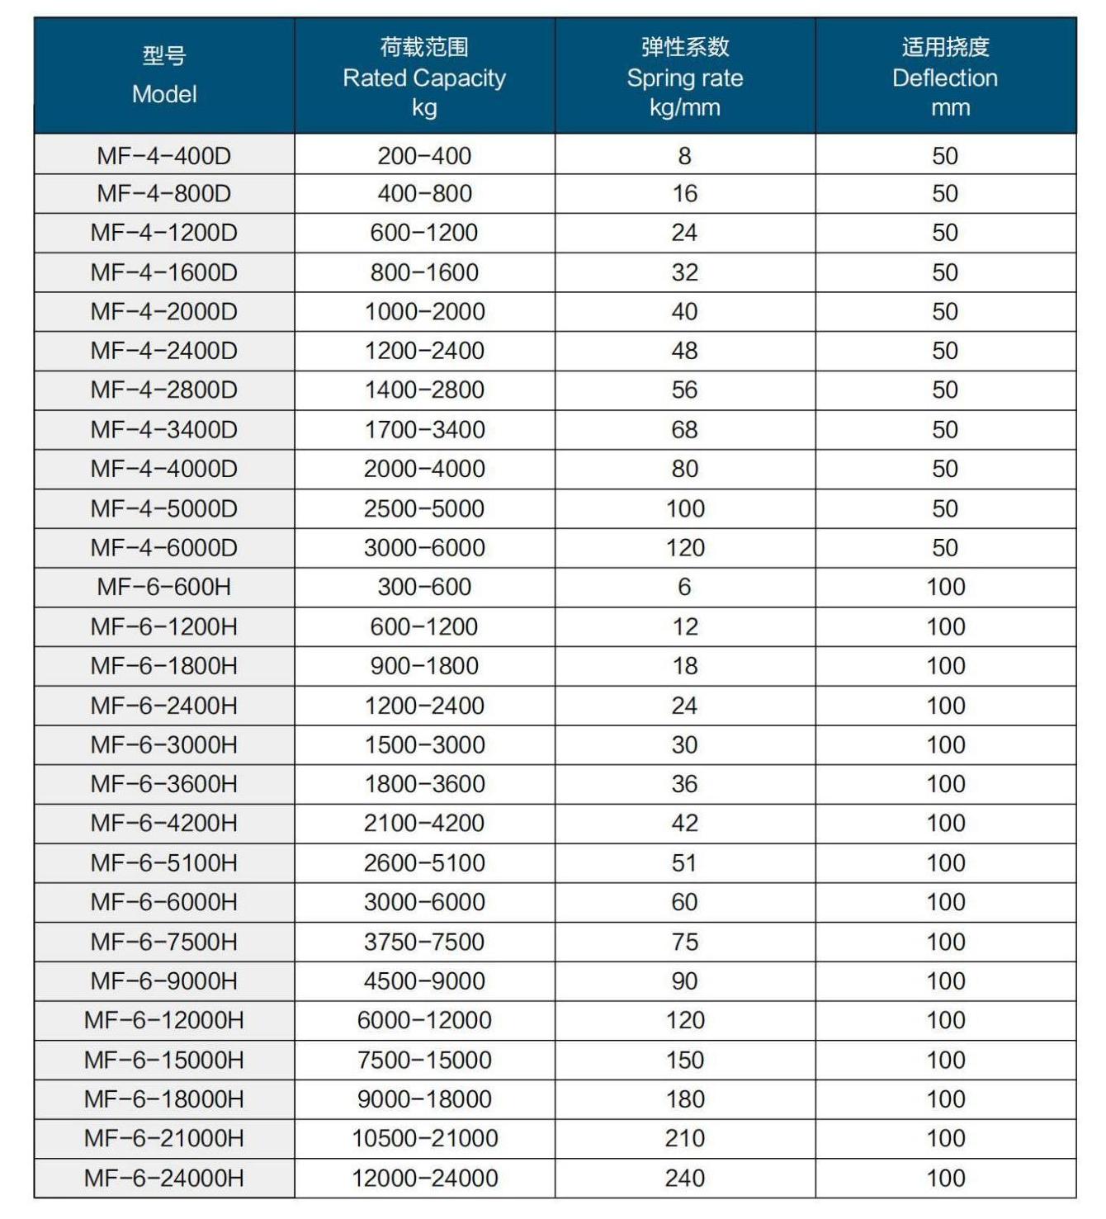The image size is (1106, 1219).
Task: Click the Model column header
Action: [x=164, y=75]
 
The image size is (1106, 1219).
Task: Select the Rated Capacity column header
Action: [x=424, y=77]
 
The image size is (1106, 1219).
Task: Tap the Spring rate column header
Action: [x=685, y=77]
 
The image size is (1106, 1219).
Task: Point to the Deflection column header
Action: [x=945, y=77]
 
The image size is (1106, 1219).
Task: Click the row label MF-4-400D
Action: [x=164, y=155]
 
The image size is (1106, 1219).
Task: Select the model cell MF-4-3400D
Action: [x=164, y=429]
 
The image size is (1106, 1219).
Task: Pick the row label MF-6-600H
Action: [x=164, y=587]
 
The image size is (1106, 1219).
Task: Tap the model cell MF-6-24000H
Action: [x=164, y=1178]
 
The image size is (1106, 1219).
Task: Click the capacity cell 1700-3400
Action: [x=424, y=429]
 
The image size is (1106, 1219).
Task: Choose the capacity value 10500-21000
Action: [x=424, y=1138]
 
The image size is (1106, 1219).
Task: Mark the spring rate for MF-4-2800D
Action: [x=685, y=390]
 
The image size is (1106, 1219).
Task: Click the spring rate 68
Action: [x=685, y=429]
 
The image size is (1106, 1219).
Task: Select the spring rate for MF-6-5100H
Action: [x=685, y=862]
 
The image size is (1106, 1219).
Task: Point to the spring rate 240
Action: [x=685, y=1178]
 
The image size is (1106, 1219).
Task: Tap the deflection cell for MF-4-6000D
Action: [x=945, y=547]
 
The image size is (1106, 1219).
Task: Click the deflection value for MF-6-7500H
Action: [x=945, y=942]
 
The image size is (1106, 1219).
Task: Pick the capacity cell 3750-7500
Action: [x=424, y=942]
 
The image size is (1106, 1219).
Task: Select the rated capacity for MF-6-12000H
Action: [x=424, y=1020]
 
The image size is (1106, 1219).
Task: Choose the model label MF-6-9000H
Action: [x=164, y=980]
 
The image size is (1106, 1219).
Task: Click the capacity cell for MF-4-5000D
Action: [x=424, y=508]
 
